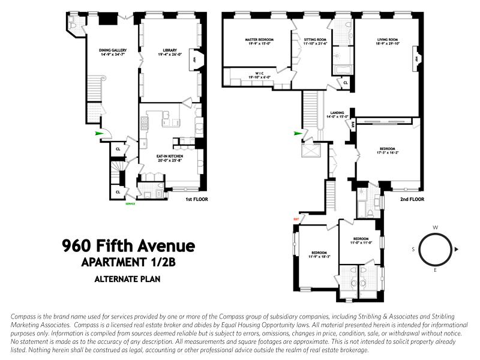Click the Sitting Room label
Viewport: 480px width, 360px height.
coord(310,40)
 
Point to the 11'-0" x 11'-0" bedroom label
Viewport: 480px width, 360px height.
coord(362,240)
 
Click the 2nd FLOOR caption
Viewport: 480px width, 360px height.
coord(412,199)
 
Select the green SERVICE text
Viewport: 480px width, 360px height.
coord(130,204)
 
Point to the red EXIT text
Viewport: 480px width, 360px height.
coord(295,219)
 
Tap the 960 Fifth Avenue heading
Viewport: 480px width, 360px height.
coord(129,246)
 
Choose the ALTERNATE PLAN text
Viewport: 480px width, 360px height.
coord(128,278)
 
